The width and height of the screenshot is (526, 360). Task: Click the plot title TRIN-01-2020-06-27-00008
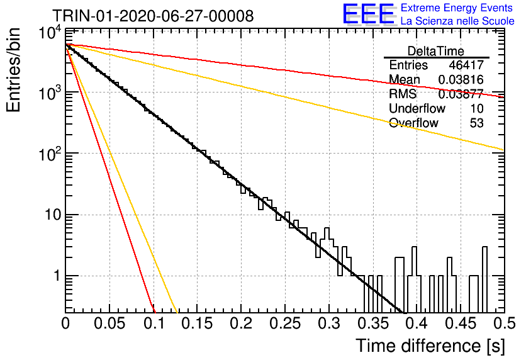153,16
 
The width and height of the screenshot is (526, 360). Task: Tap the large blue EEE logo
368,14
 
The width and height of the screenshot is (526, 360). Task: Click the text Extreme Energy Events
457,8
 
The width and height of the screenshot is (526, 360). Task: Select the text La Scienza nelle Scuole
457,21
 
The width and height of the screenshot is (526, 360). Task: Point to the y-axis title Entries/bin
14,70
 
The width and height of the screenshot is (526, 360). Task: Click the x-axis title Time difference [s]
430,346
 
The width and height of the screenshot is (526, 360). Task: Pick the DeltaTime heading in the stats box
436,51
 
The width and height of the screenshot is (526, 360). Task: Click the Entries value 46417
466,65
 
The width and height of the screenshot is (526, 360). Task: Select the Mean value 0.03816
461,80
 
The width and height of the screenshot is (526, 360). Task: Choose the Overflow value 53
477,123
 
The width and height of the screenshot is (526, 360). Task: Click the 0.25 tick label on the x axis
285,323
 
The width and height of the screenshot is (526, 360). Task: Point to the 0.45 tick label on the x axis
461,323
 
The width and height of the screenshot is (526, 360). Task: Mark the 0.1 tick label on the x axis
154,323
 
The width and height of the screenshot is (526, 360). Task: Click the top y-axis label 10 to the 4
50,33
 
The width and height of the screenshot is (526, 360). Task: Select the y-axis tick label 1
57,276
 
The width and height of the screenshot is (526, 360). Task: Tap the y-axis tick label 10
53,215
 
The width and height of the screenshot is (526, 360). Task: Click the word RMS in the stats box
403,94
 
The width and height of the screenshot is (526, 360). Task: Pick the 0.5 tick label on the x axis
504,323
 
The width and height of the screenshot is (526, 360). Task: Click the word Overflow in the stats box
413,123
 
